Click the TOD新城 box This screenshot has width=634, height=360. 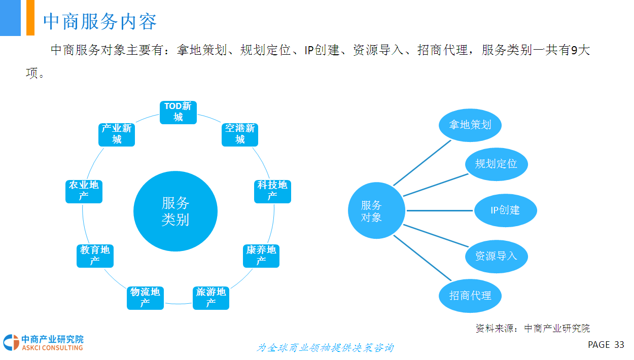(178, 112)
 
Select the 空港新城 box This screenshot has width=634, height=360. (240, 134)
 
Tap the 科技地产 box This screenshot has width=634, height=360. (272, 191)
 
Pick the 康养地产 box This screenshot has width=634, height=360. (261, 256)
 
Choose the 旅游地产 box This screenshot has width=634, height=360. (211, 298)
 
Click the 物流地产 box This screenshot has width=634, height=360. (145, 298)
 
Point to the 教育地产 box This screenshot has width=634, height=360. (95, 256)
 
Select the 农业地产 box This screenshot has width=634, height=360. (84, 191)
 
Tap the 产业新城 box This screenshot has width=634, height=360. (117, 134)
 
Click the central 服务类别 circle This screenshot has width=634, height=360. (175, 211)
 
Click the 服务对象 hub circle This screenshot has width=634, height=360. (376, 211)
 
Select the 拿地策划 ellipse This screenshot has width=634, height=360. (470, 124)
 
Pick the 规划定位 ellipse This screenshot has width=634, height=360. (497, 164)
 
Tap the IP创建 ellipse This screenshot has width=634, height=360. (505, 210)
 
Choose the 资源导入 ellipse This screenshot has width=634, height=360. (497, 256)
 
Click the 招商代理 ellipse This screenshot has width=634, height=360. (470, 295)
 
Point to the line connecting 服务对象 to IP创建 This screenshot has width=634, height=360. (439, 210)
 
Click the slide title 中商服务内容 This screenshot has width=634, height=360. (100, 21)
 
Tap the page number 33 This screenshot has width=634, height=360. (619, 345)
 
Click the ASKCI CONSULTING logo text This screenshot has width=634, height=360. (52, 348)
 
